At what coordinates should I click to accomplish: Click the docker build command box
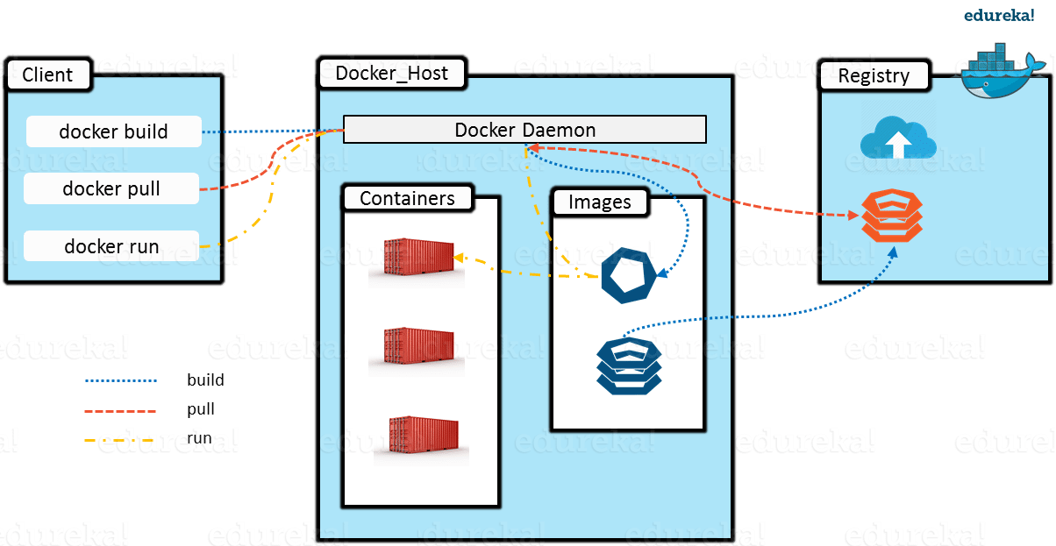114,132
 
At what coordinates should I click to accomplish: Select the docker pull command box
111,188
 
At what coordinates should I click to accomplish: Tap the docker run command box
111,246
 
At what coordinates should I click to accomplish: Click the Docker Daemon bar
524,130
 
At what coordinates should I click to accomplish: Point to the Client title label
47,74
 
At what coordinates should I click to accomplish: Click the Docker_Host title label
391,73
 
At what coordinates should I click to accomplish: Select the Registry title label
874,75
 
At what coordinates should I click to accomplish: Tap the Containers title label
407,198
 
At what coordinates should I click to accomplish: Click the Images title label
600,202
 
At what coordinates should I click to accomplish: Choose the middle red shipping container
416,350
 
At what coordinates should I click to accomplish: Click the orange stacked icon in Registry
891,216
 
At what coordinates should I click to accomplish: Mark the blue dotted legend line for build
121,381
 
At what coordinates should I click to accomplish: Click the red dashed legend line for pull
121,410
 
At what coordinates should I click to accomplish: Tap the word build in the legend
205,380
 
